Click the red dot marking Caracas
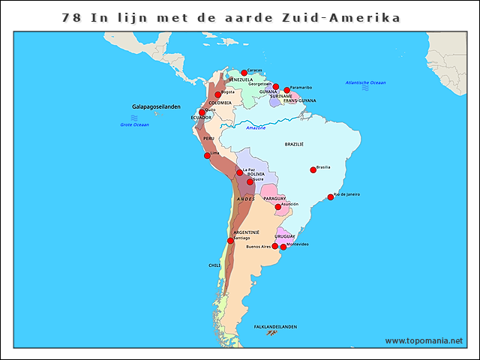click(244, 73)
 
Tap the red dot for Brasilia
click(313, 169)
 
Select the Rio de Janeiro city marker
click(330, 197)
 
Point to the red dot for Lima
click(207, 155)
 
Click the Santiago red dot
click(230, 241)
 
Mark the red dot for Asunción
click(277, 207)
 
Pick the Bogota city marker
click(217, 94)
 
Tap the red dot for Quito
click(201, 112)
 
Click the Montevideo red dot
click(283, 247)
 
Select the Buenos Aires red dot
click(274, 246)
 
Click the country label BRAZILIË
click(294, 144)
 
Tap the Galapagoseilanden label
click(156, 107)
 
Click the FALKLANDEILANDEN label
click(275, 327)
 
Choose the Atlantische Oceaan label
click(365, 82)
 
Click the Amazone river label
click(256, 128)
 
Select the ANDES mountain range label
click(245, 199)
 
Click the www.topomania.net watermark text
click(424, 341)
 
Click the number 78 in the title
click(71, 17)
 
